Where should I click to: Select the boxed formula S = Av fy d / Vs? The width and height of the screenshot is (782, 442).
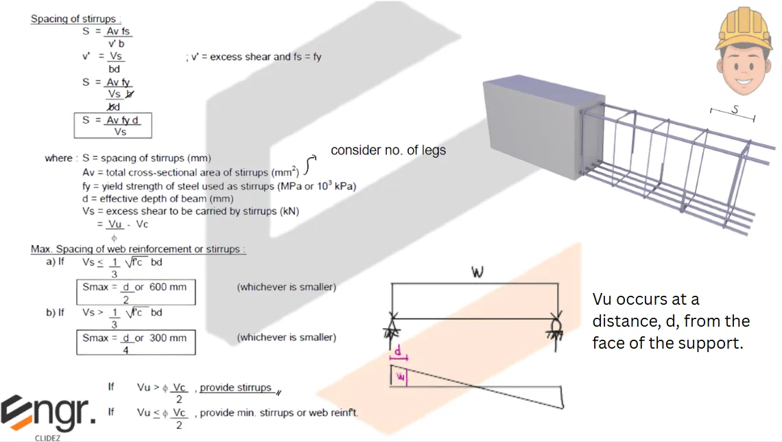113,126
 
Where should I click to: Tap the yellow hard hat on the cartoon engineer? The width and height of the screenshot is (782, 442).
743,29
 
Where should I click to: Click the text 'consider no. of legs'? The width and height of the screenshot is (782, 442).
388,150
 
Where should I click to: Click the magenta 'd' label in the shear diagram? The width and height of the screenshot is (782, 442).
398,351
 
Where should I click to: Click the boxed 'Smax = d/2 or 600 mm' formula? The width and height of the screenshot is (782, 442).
135,292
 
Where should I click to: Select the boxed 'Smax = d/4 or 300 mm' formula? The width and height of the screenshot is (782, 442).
135,342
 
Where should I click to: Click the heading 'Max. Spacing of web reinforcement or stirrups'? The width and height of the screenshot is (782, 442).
137,249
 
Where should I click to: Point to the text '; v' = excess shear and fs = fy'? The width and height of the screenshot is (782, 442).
253,57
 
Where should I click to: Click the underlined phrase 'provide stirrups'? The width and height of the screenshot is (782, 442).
235,388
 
